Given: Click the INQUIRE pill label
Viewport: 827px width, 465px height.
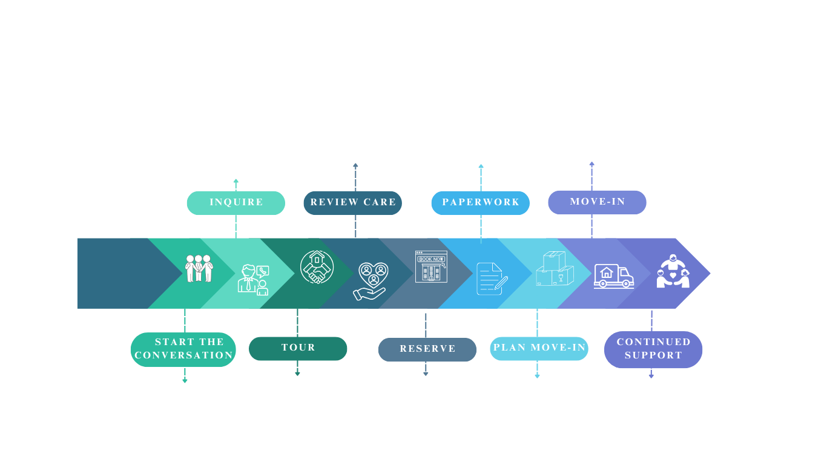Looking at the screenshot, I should pyautogui.click(x=236, y=203).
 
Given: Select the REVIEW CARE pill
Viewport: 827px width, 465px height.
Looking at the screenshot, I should pyautogui.click(x=352, y=203).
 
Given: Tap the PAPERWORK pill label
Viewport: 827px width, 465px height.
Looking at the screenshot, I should pyautogui.click(x=480, y=203).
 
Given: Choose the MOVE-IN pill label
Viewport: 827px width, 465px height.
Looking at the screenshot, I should pyautogui.click(x=597, y=202).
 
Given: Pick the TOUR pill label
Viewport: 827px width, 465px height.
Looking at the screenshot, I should pyautogui.click(x=298, y=348).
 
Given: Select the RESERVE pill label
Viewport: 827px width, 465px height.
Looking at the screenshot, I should pyautogui.click(x=427, y=349).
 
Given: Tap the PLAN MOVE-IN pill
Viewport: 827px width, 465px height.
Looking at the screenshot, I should pyautogui.click(x=539, y=348).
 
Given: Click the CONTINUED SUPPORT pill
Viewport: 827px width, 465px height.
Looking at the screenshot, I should pyautogui.click(x=653, y=349).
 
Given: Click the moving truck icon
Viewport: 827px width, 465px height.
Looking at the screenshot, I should pyautogui.click(x=613, y=275).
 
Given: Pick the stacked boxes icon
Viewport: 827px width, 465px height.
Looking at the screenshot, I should pyautogui.click(x=554, y=269).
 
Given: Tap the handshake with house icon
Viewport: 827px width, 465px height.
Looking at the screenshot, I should pyautogui.click(x=317, y=267).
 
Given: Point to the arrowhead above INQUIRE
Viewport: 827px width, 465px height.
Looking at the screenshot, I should pyautogui.click(x=236, y=181).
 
